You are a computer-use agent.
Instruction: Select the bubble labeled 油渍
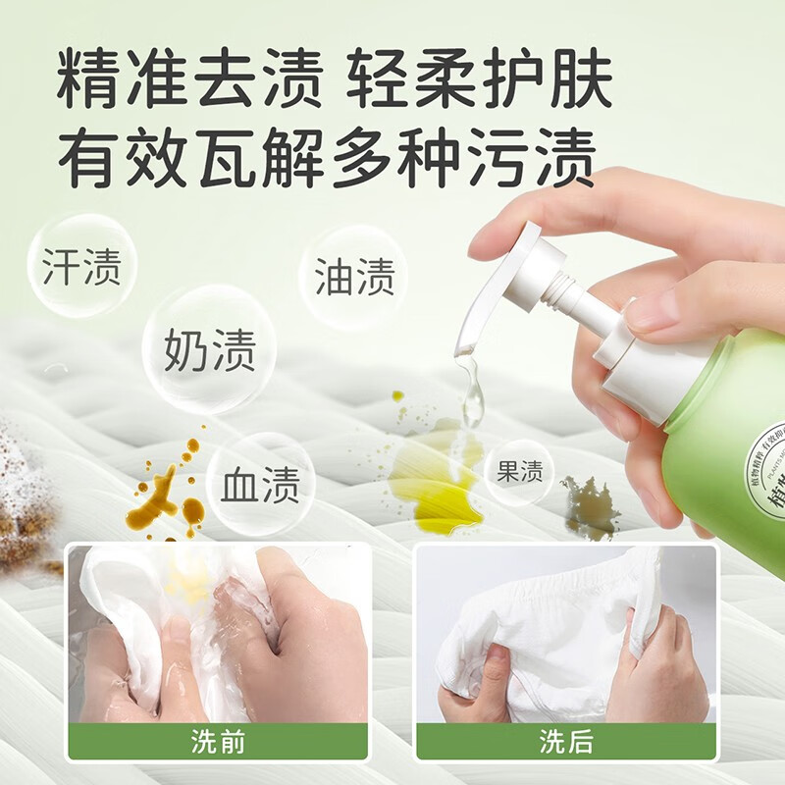coord(354,278)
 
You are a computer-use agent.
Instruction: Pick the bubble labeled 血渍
coord(259,485)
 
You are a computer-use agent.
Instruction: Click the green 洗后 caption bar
coord(566,742)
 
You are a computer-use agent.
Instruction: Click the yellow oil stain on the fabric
coord(437,481)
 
